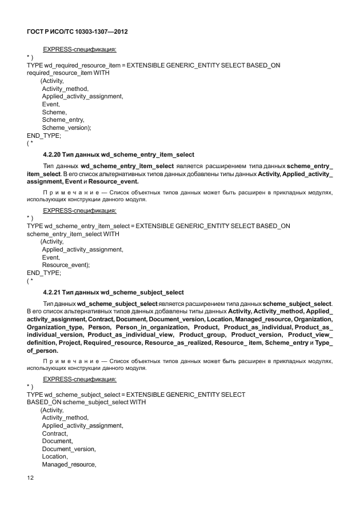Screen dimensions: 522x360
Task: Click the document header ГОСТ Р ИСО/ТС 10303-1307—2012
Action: point(77,32)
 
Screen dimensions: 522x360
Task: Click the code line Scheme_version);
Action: point(66,127)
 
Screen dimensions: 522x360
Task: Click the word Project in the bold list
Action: point(68,342)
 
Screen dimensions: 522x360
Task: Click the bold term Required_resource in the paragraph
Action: point(112,342)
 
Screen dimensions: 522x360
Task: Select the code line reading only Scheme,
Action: point(54,112)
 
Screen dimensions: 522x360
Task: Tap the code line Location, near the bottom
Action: point(55,457)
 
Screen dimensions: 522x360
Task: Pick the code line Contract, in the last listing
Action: point(55,433)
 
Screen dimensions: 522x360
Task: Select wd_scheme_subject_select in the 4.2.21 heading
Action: point(142,292)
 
